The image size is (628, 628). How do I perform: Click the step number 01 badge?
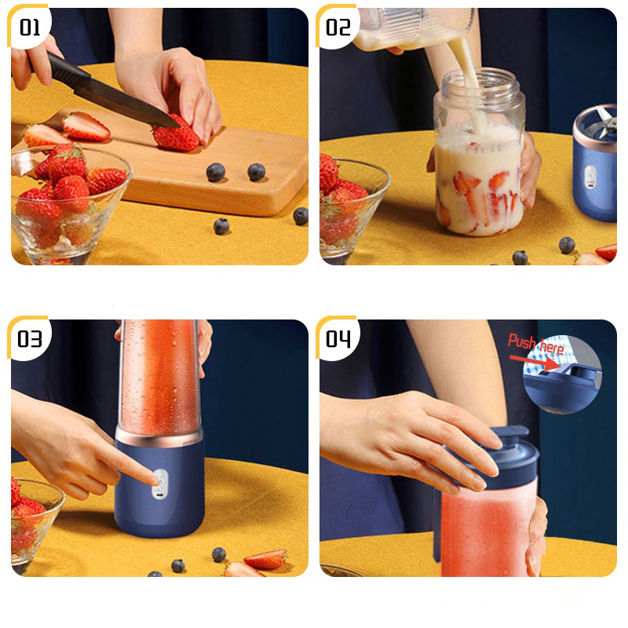click(x=30, y=27)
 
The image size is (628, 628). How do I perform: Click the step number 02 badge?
click(x=338, y=27)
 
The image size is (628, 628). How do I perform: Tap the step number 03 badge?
click(x=30, y=338)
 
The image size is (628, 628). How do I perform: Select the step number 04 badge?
click(x=338, y=338)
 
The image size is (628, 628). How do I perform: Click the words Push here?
click(x=536, y=344)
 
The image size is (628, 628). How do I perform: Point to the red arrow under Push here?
click(x=535, y=362)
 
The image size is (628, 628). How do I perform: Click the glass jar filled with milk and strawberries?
click(x=480, y=152)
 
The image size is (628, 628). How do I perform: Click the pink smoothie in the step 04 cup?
click(x=488, y=528)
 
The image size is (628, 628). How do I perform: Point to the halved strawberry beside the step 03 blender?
click(x=265, y=559)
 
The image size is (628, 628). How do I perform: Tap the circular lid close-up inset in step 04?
click(x=562, y=374)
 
